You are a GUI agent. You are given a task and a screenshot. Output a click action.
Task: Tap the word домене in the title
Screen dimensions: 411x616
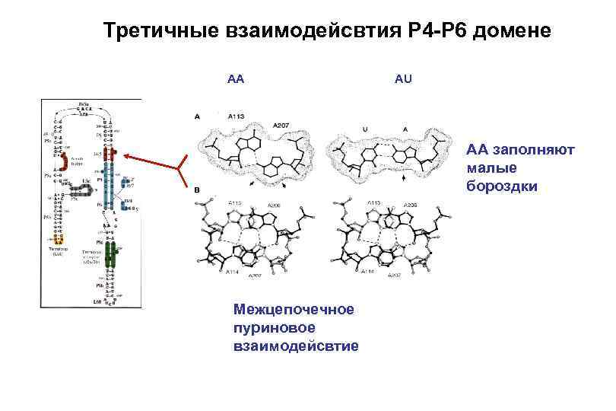tap(512, 32)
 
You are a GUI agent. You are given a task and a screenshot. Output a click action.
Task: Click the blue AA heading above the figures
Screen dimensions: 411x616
tap(236, 78)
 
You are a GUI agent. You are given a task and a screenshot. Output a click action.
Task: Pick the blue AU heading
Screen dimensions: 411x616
tap(403, 78)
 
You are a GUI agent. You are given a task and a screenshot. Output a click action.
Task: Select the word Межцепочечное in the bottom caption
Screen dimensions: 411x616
tap(294, 310)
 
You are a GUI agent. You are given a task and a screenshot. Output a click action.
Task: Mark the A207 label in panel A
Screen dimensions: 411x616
tap(281, 124)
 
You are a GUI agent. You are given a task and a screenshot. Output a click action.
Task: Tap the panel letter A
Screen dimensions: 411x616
tap(197, 116)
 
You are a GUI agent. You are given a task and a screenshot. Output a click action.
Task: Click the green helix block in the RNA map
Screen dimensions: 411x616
tap(111, 254)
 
